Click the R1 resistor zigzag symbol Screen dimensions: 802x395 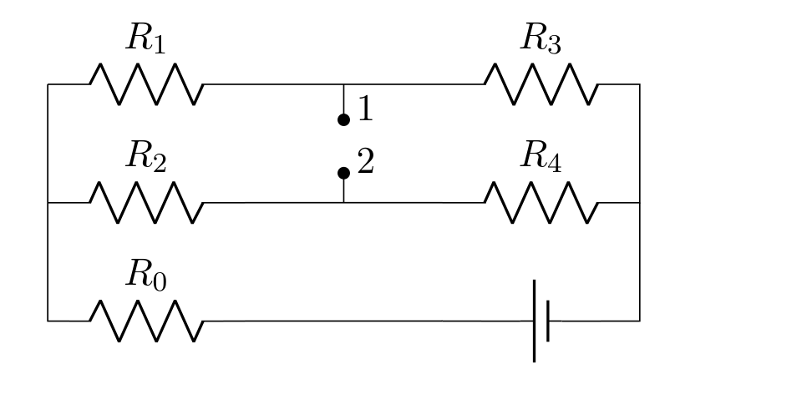146,84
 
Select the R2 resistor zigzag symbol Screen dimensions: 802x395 146,203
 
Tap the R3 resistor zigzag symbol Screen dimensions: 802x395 541,84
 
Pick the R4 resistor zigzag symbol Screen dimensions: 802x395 541,203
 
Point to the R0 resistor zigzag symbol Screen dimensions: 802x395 146,321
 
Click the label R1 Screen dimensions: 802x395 145,38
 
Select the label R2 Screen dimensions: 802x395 145,156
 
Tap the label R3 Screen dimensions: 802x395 541,38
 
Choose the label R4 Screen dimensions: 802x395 541,156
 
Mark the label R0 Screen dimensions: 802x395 145,275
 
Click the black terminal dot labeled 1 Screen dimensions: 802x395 343,119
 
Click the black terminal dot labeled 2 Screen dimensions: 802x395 343,173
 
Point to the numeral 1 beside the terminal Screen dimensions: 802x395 366,109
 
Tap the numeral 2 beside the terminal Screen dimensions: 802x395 366,161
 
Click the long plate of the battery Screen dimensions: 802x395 535,321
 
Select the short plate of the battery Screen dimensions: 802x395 548,321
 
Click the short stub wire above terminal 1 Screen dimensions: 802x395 343,99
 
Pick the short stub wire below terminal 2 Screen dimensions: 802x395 343,190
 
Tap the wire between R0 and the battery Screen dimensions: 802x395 368,321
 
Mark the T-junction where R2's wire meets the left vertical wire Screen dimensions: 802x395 48,203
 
